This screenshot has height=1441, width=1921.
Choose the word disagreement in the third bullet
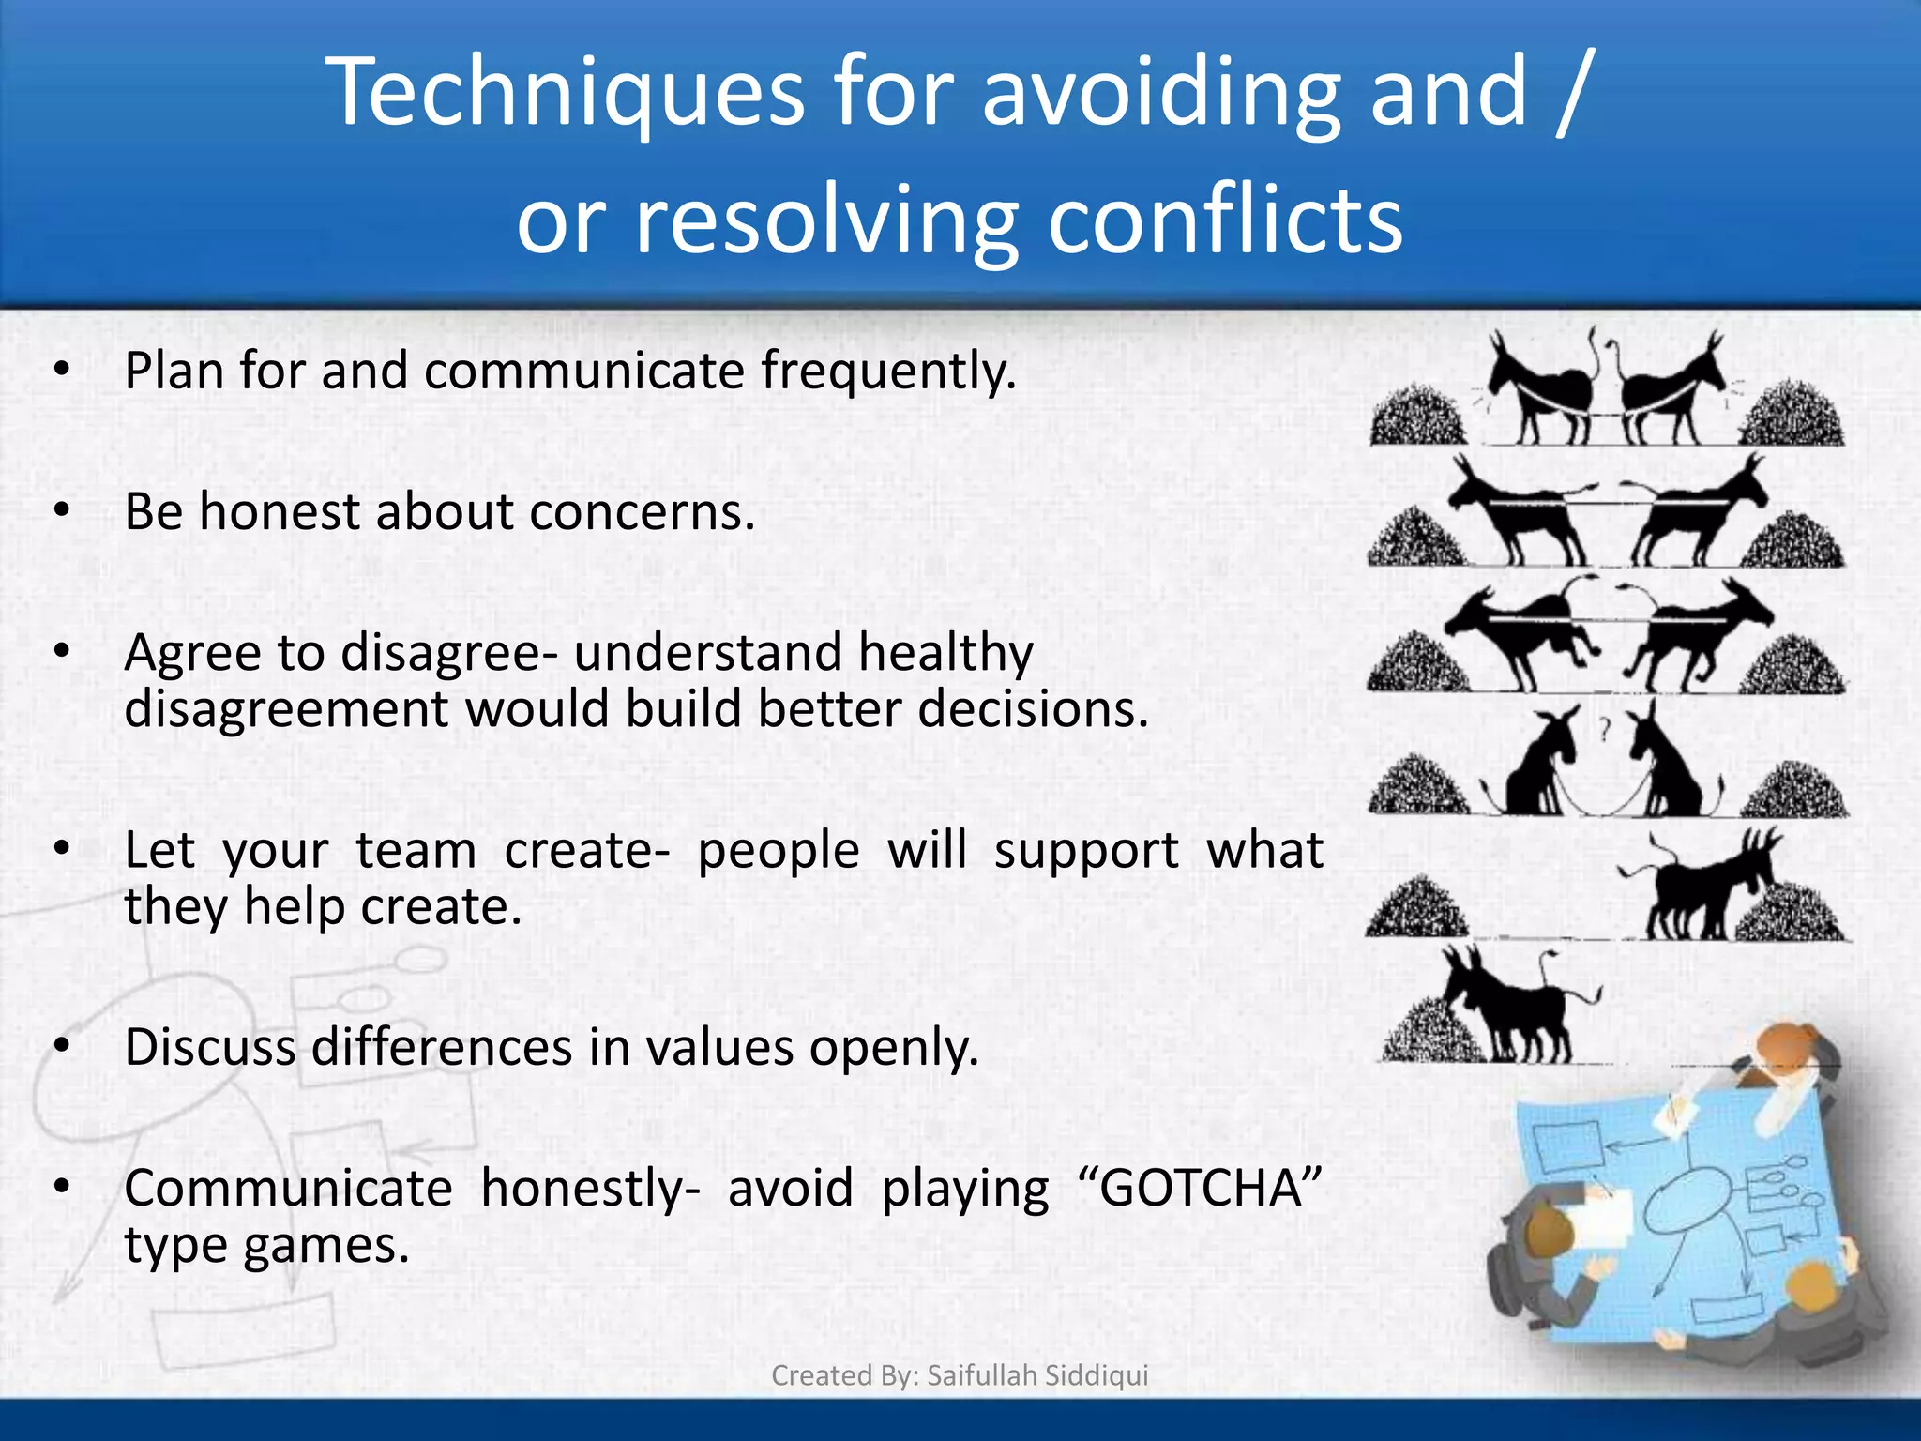286,709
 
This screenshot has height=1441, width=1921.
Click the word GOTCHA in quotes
1200,1189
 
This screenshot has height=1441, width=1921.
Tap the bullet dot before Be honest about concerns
62,511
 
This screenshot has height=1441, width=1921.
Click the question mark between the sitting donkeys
1605,727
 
